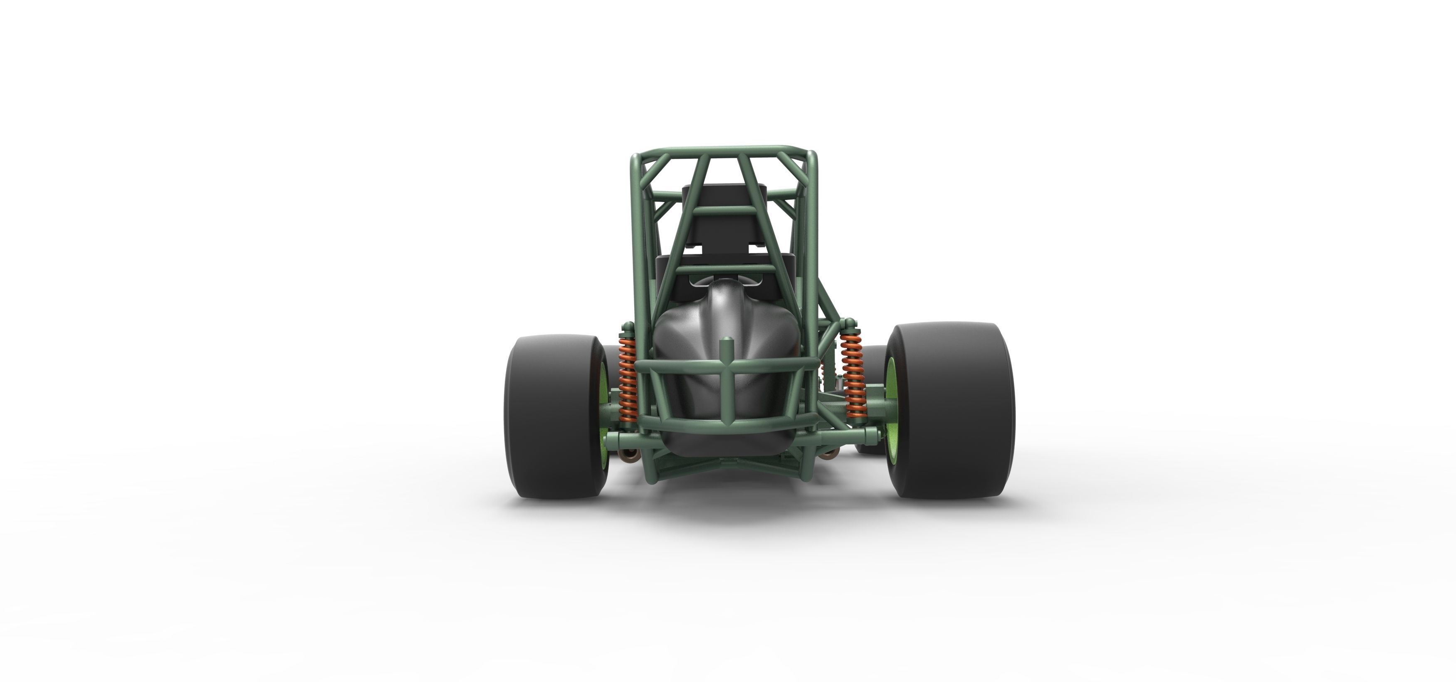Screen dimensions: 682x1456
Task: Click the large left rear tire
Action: click(548, 418)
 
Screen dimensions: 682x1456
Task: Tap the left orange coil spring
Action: click(627, 384)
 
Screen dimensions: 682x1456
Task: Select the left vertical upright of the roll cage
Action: click(636, 243)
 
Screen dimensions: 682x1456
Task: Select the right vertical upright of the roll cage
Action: click(812, 243)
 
